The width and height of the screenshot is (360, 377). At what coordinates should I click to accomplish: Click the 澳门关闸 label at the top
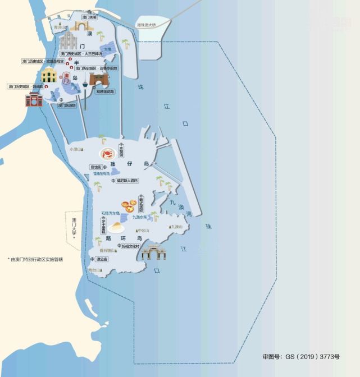pyautogui.click(x=90, y=18)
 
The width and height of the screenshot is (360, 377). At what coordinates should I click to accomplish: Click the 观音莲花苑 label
pyautogui.click(x=105, y=91)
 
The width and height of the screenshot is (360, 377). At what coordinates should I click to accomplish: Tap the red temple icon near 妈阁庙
pyautogui.click(x=34, y=100)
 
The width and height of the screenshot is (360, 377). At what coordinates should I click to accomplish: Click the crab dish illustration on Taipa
pyautogui.click(x=107, y=154)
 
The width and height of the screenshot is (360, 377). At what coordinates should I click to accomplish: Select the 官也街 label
pyautogui.click(x=96, y=167)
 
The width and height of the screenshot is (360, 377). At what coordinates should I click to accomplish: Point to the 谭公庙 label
pyautogui.click(x=102, y=259)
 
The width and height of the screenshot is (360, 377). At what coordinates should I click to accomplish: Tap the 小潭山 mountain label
pyautogui.click(x=76, y=149)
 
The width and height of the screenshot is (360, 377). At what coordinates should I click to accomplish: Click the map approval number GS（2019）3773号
pyautogui.click(x=300, y=357)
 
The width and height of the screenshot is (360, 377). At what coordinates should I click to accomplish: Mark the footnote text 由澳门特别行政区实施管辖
pyautogui.click(x=37, y=259)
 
